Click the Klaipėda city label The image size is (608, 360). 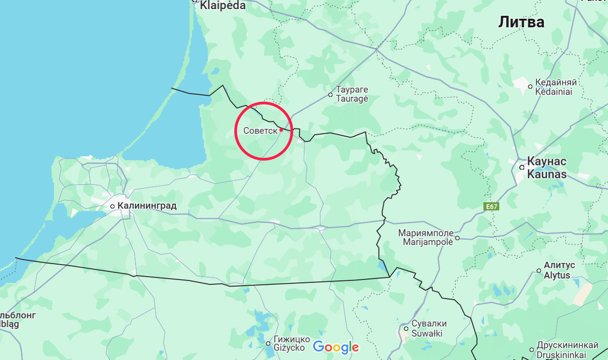[x=222, y=6]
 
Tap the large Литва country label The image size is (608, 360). [x=521, y=22]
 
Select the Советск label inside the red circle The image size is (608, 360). [x=260, y=131]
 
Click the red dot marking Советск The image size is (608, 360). [x=281, y=130]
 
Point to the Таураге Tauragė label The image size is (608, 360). [x=352, y=94]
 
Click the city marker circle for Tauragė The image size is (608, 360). [x=330, y=94]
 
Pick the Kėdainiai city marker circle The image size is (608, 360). [x=530, y=87]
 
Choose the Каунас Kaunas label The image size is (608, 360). [x=547, y=167]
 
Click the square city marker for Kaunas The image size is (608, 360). [x=521, y=167]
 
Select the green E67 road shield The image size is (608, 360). [x=490, y=207]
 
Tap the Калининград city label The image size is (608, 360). [x=147, y=206]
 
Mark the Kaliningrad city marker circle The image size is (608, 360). [x=112, y=207]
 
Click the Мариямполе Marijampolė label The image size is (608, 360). [x=426, y=237]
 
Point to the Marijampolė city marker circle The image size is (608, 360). [x=457, y=237]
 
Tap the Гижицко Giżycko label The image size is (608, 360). [x=289, y=343]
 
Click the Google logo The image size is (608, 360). [x=335, y=347]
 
